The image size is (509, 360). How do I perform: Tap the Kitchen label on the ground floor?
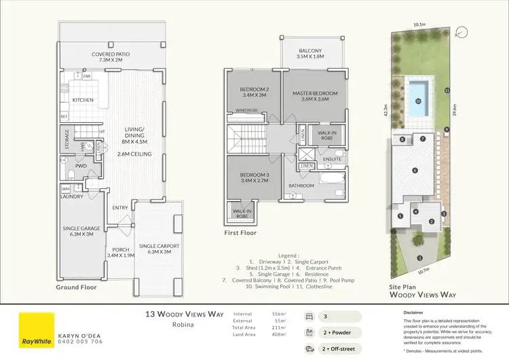click(82, 101)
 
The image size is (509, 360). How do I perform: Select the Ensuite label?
click(332, 160)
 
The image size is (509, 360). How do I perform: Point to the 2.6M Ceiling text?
click(132, 154)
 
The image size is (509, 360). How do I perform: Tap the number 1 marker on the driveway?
click(421, 258)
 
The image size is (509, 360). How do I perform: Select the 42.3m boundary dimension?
click(386, 110)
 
